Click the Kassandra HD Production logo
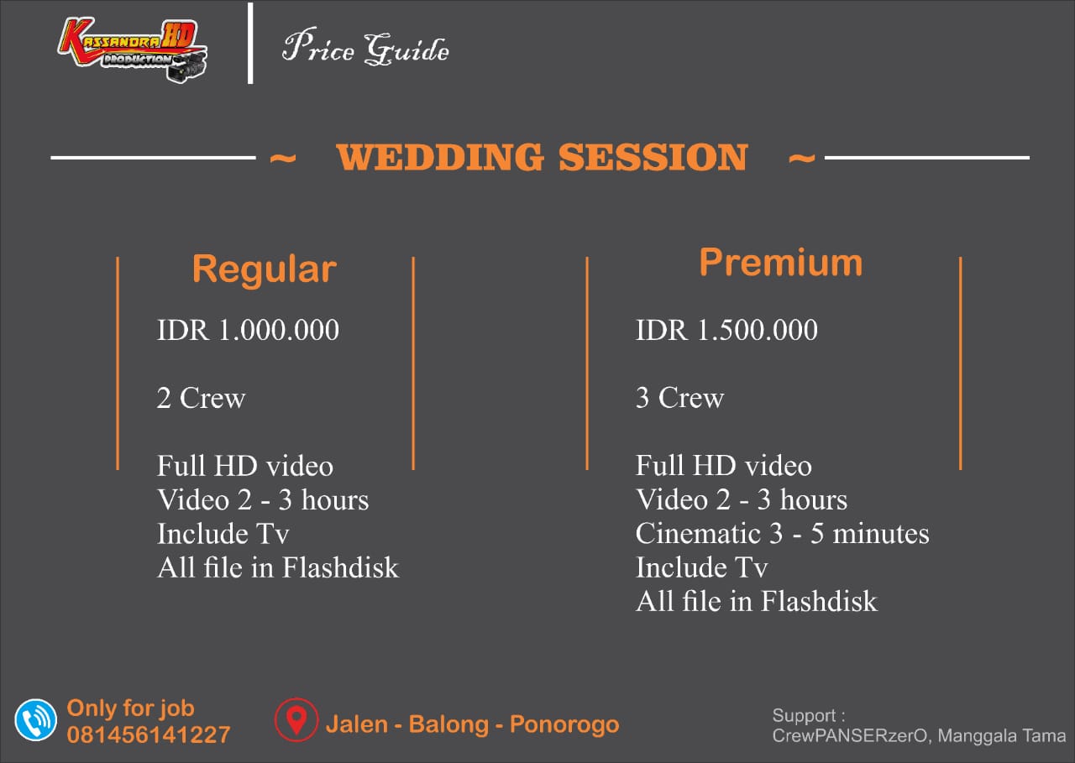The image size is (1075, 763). (133, 50)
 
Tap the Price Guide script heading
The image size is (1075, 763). (365, 47)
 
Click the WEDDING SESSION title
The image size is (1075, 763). (543, 157)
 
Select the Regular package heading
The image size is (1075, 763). (265, 270)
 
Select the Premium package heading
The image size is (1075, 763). (781, 263)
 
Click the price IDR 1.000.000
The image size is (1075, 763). (248, 330)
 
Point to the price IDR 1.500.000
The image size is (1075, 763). (726, 330)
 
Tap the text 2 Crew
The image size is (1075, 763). (201, 398)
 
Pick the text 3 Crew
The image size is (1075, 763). (679, 398)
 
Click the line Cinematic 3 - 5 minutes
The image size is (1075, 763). (782, 533)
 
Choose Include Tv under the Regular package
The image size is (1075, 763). (223, 534)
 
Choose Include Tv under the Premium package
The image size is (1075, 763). (701, 567)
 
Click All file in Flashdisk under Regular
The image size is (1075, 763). (278, 567)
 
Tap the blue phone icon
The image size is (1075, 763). (35, 720)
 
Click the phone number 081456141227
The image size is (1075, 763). (149, 734)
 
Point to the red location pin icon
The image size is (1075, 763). (296, 720)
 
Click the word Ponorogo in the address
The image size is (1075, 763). (564, 724)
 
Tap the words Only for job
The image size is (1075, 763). (130, 708)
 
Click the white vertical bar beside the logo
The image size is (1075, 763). (250, 43)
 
